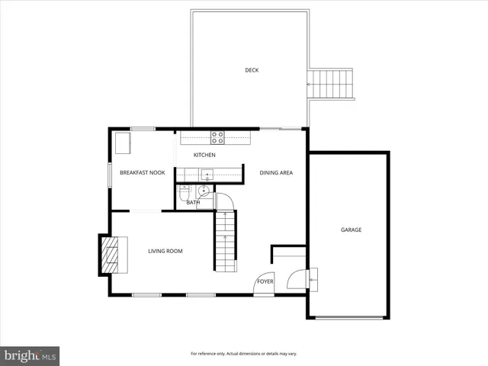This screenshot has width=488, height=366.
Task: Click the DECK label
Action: [252, 70]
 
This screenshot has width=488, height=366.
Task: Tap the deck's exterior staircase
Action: [332, 83]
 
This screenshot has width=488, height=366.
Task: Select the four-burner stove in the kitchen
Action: [217, 138]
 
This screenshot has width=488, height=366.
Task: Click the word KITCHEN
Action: [204, 156]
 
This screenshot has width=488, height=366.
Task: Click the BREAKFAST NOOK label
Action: [142, 172]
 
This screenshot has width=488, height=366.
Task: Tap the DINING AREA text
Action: [276, 172]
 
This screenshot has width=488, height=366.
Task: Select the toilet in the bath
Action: [183, 195]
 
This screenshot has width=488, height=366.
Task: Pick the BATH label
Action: [193, 203]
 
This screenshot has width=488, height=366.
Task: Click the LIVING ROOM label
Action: [165, 251]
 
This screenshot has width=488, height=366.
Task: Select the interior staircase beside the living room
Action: [225, 240]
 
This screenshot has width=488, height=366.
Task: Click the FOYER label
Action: [265, 281]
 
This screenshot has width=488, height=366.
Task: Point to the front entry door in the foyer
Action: [264, 284]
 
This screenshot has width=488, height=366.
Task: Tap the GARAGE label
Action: [351, 230]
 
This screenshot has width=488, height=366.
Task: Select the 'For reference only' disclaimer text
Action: [243, 354]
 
